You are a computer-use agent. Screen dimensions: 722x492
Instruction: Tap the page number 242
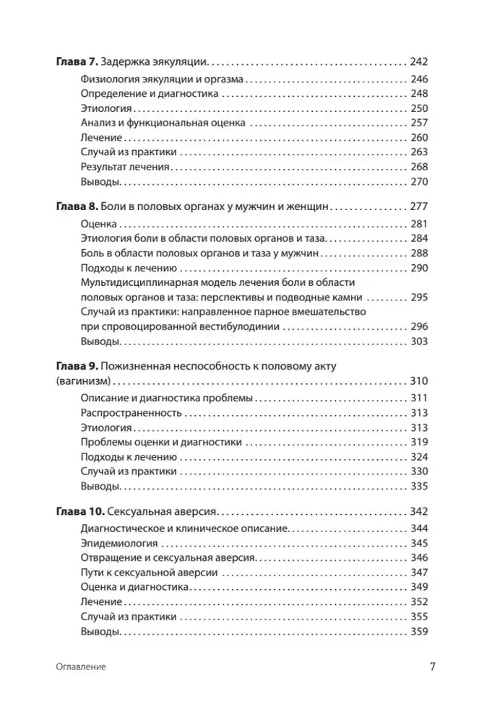click(418, 63)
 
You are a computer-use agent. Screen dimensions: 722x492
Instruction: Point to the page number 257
click(418, 123)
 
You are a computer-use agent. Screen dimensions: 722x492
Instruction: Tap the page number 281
click(418, 225)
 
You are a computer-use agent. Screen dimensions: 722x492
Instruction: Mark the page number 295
click(418, 297)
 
